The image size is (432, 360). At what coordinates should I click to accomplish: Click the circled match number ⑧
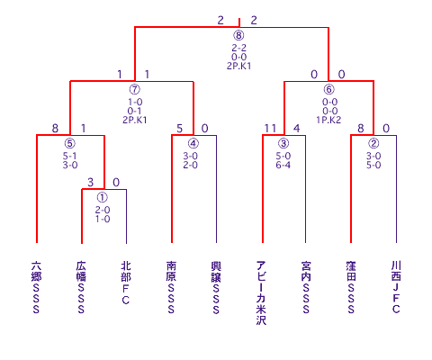pos(238,35)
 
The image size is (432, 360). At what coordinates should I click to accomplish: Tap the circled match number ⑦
pos(135,89)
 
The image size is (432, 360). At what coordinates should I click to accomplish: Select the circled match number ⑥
pos(328,89)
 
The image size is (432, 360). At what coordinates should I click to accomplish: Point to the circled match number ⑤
pos(70,143)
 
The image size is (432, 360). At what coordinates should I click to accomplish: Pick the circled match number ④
pos(193,143)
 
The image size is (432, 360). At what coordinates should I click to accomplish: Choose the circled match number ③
pos(283,143)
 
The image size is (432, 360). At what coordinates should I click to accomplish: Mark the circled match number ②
pos(373,143)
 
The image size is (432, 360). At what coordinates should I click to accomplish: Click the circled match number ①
pos(103,197)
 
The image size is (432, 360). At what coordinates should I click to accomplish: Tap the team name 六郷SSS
pos(36,287)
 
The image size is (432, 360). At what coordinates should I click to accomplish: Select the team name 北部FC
pos(126,283)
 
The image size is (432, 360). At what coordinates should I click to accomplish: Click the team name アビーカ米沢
pos(261,292)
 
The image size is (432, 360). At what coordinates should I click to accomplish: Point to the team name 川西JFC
pos(396,287)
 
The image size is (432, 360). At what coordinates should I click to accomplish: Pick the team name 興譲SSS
pos(216,287)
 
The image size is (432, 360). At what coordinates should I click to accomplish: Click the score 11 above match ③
pos(270,129)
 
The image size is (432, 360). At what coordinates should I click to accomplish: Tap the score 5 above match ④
pos(179,129)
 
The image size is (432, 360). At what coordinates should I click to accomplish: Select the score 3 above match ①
pos(91,183)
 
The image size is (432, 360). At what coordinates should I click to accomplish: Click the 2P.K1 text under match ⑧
pos(238,66)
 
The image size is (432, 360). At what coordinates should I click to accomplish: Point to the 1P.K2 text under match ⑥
pos(328,120)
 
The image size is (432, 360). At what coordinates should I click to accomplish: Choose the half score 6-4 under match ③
pos(283,165)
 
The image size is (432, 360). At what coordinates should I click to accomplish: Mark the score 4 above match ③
pos(296,129)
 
